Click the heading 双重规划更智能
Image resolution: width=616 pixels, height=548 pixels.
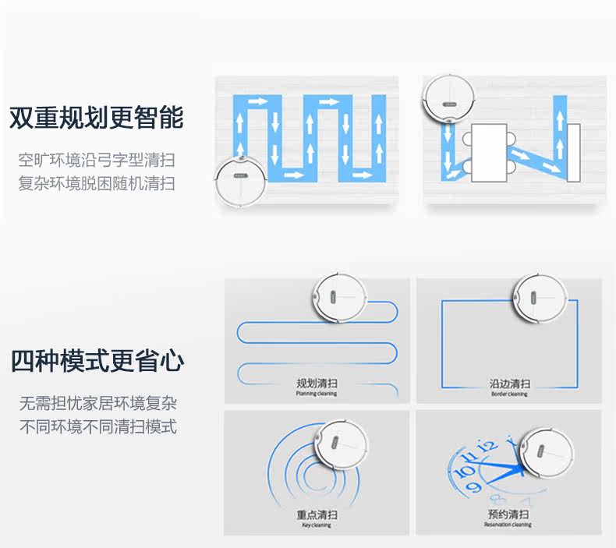click(97, 118)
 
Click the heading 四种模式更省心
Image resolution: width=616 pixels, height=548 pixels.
click(97, 362)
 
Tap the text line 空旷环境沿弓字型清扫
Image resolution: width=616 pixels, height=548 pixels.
click(97, 161)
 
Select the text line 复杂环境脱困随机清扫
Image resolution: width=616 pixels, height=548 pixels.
click(97, 184)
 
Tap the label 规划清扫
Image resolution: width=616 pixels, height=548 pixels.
click(316, 384)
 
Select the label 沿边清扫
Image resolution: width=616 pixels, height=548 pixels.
click(509, 384)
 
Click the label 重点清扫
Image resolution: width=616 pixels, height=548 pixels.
click(316, 515)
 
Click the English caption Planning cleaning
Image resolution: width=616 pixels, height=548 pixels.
click(316, 394)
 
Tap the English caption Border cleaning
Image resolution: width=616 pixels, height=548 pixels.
click(509, 394)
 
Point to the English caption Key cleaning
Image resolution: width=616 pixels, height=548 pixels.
click(316, 525)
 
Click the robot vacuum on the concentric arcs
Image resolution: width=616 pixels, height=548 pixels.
click(341, 448)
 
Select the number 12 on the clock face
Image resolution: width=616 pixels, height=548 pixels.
click(487, 446)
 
